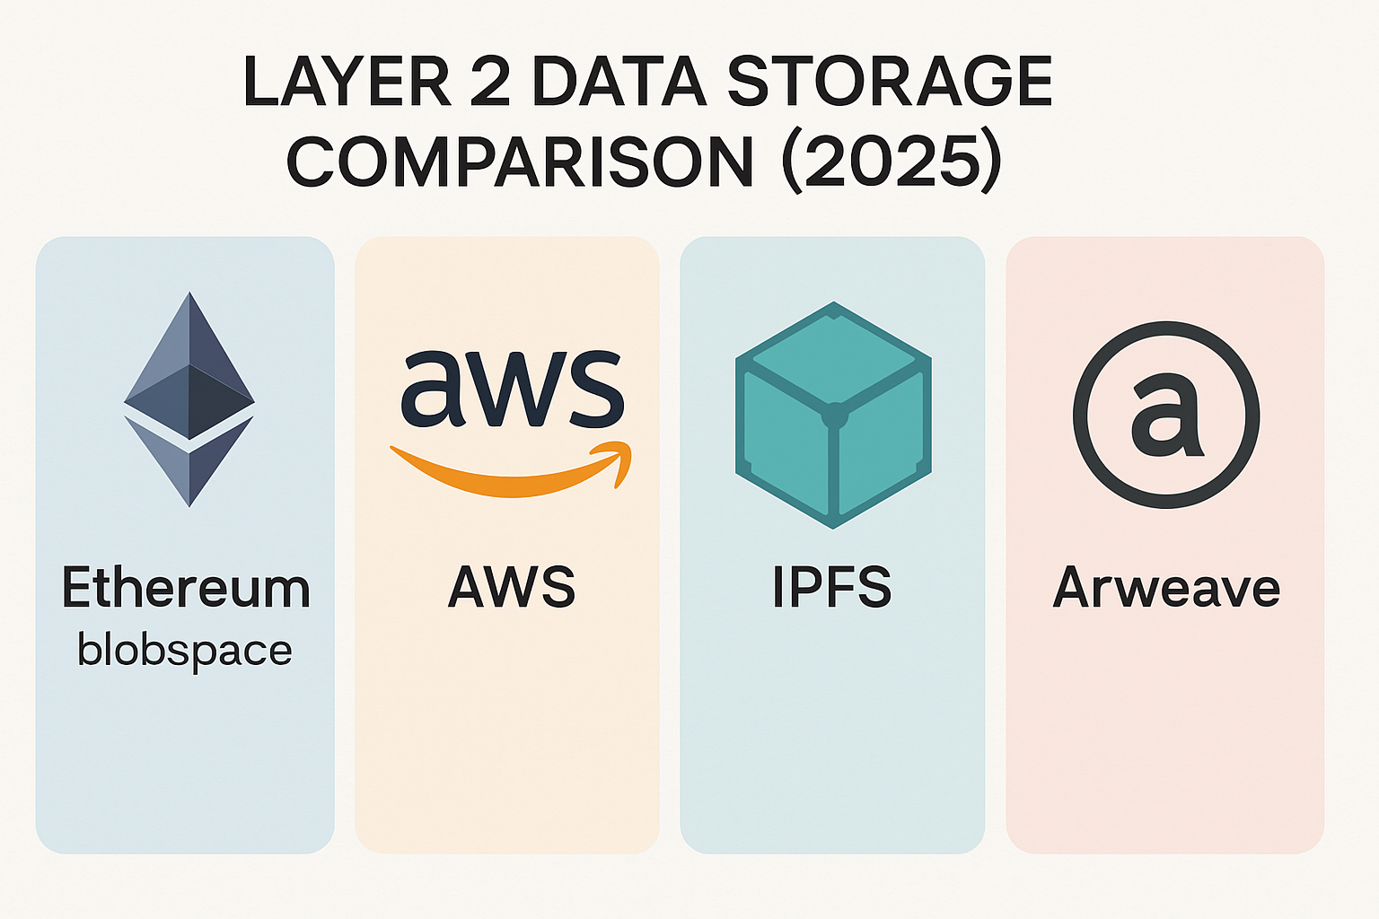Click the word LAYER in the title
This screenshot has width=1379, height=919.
tap(347, 83)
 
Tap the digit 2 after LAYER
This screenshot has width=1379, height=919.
tap(489, 83)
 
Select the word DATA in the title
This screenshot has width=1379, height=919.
tap(619, 83)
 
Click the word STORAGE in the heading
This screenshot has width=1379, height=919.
tap(889, 83)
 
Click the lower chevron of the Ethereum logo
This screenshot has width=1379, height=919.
tap(189, 462)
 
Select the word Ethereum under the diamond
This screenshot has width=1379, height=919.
tap(186, 588)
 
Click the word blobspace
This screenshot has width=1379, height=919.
tap(185, 650)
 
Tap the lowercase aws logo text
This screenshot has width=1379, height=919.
tap(512, 388)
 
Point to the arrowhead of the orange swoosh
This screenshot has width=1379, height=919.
tap(619, 462)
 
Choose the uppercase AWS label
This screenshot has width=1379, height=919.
tap(512, 588)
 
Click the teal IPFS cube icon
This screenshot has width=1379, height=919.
tap(833, 415)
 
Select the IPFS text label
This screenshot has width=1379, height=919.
tap(832, 588)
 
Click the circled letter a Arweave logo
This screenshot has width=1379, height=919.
tap(1166, 415)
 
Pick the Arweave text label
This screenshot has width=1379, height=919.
tap(1166, 588)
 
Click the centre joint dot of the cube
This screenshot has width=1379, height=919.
tap(834, 416)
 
